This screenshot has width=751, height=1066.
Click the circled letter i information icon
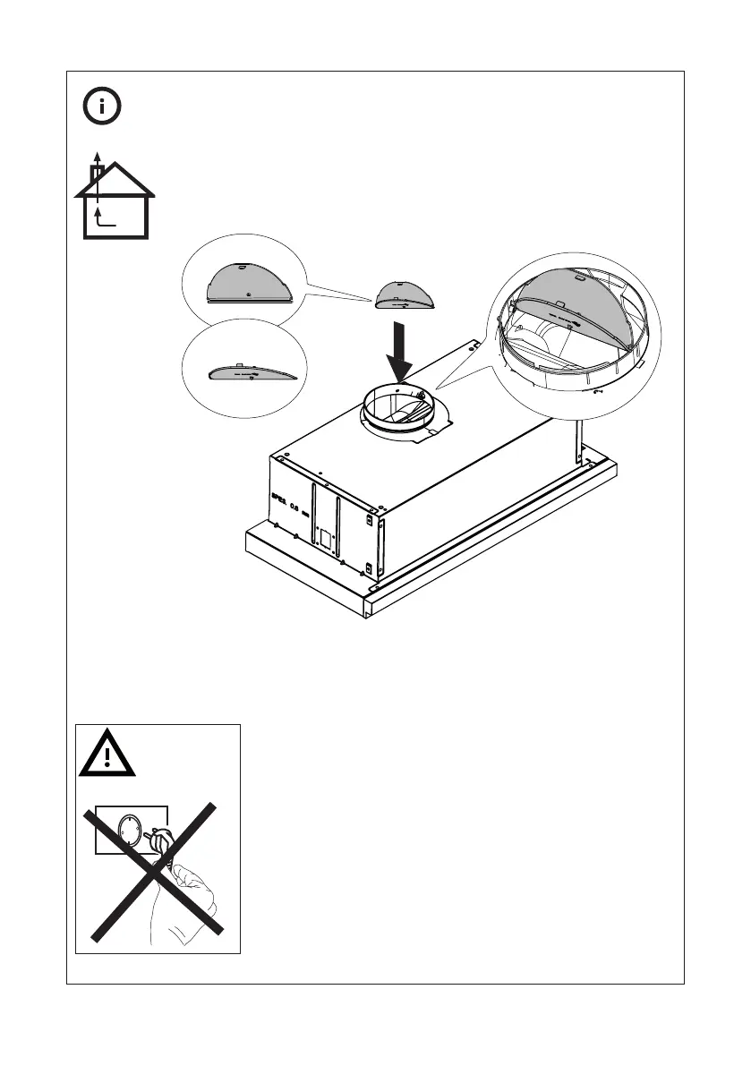point(103,107)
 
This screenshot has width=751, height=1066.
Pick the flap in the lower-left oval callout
point(244,373)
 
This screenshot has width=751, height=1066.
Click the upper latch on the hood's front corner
point(369,519)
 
